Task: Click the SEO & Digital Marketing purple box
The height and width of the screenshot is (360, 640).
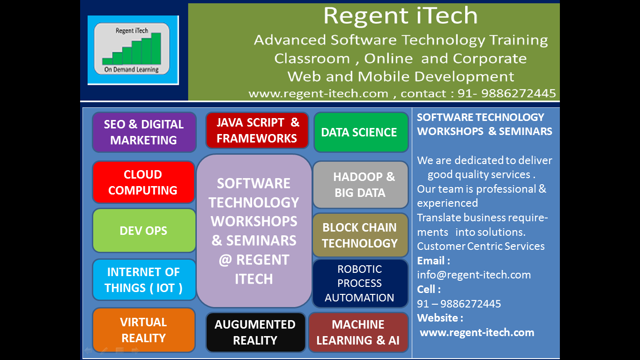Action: (144, 132)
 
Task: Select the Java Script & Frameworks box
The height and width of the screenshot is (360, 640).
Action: (257, 130)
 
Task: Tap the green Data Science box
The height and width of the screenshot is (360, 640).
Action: (361, 132)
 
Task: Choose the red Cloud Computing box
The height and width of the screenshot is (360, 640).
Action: (144, 182)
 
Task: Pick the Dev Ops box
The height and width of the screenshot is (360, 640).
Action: (144, 231)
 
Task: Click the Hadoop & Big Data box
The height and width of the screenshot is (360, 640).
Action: (361, 185)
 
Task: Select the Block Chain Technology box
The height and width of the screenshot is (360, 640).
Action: (361, 235)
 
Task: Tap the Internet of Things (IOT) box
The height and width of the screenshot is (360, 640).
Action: (144, 280)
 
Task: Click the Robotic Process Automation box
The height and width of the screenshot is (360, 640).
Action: (360, 284)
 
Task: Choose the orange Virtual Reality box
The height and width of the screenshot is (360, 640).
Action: (144, 330)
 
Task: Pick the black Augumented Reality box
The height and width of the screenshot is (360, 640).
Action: (256, 332)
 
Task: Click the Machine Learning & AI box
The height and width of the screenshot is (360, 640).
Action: (358, 332)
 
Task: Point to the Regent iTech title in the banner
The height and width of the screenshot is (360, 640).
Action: (400, 16)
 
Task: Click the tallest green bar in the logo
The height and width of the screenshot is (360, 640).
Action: (156, 49)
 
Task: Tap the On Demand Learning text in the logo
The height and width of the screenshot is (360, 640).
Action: (132, 69)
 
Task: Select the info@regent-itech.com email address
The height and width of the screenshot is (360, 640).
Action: (474, 275)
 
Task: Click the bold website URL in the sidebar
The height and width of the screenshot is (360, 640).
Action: (477, 332)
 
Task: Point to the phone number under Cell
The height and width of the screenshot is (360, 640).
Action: (459, 304)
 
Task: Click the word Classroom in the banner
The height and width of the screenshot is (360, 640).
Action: (312, 59)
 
